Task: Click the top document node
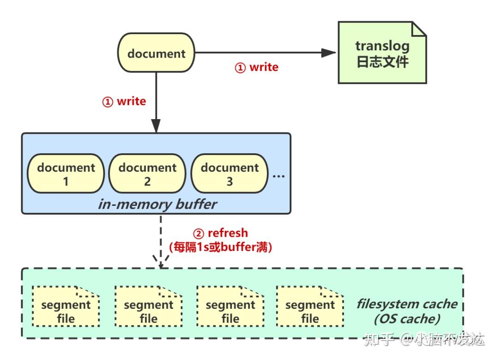pyautogui.click(x=156, y=54)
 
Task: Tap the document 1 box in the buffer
pyautogui.click(x=66, y=174)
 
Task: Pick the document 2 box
pyautogui.click(x=148, y=174)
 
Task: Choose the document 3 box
pyautogui.click(x=230, y=174)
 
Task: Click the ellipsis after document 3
pyautogui.click(x=279, y=175)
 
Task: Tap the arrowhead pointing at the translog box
pyautogui.click(x=328, y=53)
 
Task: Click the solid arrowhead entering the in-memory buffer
pyautogui.click(x=156, y=126)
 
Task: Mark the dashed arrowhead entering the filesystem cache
pyautogui.click(x=160, y=262)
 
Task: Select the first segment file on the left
pyautogui.click(x=66, y=307)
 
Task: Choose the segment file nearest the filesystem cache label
pyautogui.click(x=310, y=307)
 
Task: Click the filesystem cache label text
pyautogui.click(x=407, y=304)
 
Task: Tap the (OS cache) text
pyautogui.click(x=407, y=318)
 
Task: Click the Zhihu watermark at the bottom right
pyautogui.click(x=424, y=340)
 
